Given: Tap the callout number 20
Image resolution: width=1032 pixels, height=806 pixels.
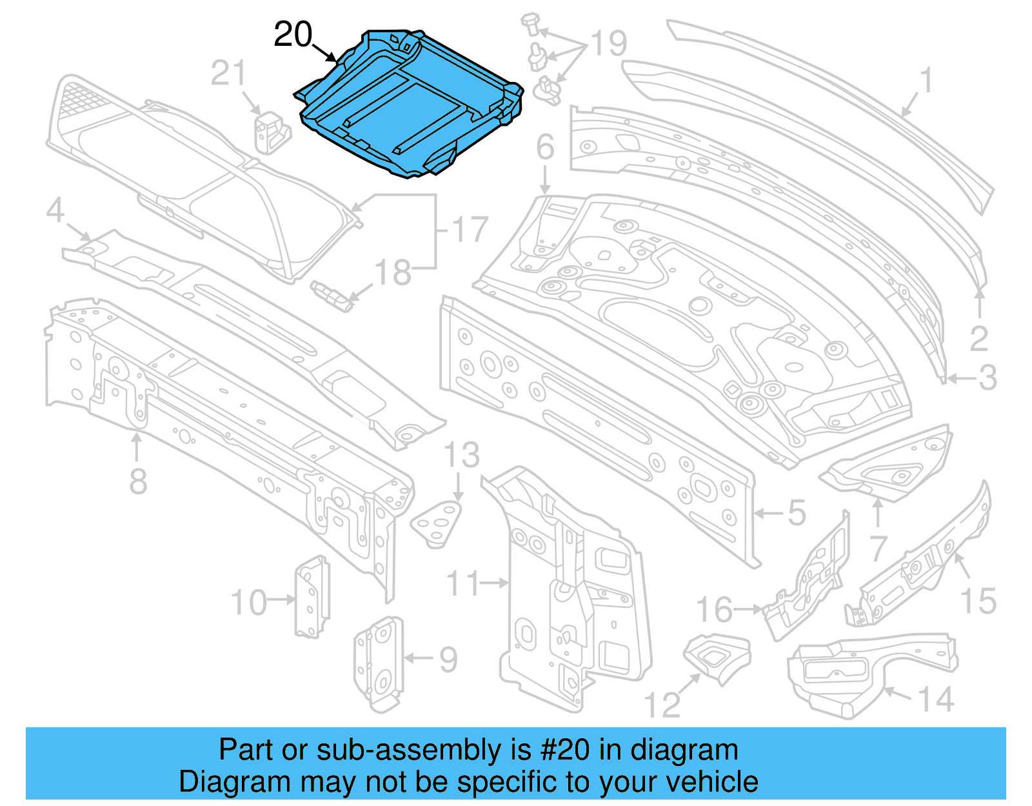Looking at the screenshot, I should click(293, 35).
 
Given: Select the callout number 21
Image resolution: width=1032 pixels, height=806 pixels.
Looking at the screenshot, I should click(228, 74).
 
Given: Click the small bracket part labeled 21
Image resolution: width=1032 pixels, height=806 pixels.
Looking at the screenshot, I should click(270, 132).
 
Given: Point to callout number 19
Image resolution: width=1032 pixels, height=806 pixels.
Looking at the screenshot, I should click(609, 44).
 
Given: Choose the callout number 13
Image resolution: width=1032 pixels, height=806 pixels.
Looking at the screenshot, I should click(462, 456).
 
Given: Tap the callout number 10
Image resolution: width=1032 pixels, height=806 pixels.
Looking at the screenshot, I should click(249, 603).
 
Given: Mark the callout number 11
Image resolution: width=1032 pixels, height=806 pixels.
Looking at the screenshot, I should click(464, 583).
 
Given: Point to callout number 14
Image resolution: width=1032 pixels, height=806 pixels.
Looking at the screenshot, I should click(936, 700).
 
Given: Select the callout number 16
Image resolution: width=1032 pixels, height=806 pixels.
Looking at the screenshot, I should click(715, 610).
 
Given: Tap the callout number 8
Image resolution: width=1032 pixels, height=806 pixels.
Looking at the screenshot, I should click(138, 481).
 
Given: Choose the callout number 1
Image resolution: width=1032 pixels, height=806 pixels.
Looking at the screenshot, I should click(926, 81).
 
